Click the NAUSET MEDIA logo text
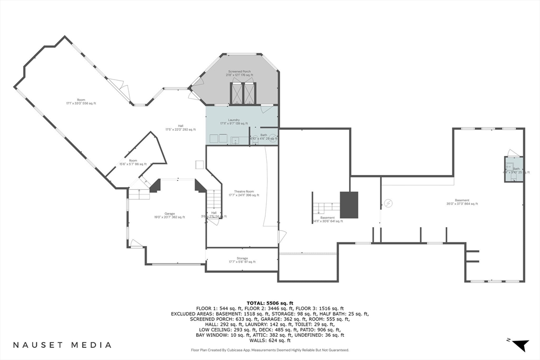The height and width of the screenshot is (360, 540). point(62,345)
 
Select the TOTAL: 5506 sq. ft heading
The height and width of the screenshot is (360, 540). point(269,303)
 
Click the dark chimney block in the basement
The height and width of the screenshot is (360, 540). point(349,205)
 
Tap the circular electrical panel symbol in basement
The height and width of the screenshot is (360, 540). point(389,203)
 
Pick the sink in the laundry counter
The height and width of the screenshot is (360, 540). point(235,140)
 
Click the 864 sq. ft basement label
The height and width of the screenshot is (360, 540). point(461,202)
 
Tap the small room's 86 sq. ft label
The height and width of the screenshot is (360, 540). point(133,162)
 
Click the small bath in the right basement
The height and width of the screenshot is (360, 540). point(514,170)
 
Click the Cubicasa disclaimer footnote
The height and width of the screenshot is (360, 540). point(269,349)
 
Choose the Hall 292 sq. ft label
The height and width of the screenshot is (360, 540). point(180,128)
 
